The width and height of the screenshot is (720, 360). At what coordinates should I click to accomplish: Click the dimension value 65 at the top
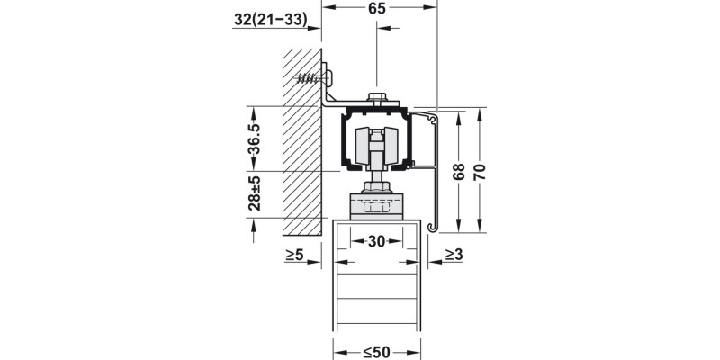[378, 11]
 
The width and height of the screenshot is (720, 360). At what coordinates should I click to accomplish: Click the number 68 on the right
[460, 171]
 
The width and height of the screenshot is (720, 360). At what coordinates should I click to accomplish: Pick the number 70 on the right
[480, 171]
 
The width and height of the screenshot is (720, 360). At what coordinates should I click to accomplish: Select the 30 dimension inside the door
[376, 242]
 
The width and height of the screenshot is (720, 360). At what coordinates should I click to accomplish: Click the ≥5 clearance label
[294, 256]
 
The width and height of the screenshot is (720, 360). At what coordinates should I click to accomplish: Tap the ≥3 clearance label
[453, 256]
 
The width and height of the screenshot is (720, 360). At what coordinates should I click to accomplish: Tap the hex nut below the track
[376, 190]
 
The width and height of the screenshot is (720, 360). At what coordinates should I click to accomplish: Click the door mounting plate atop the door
[376, 209]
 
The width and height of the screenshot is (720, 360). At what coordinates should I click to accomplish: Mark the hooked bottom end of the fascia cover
[434, 226]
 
